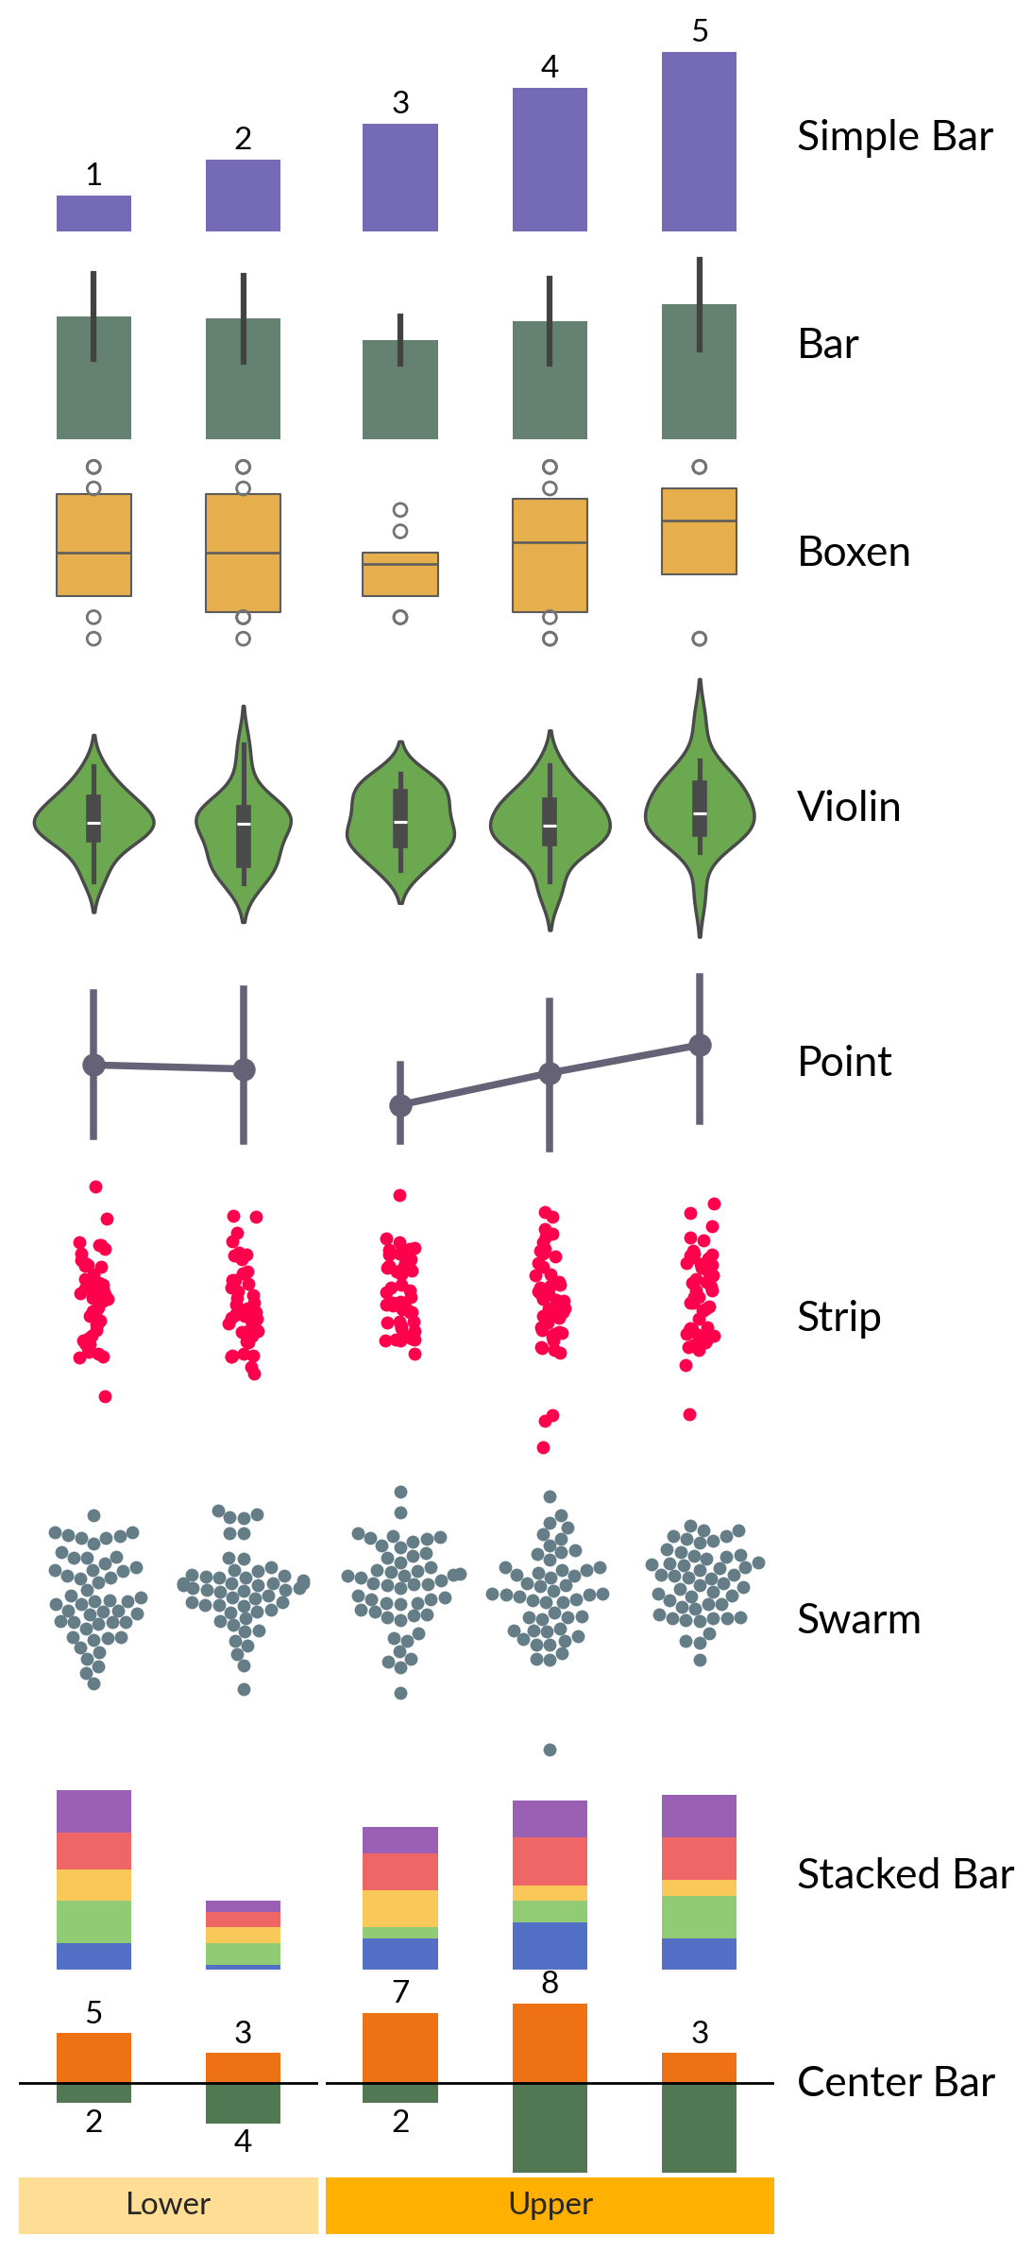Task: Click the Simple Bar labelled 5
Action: coord(699,142)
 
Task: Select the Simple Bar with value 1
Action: coord(93,213)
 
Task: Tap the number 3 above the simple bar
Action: coord(400,102)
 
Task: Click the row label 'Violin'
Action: coord(849,807)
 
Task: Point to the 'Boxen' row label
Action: coord(854,552)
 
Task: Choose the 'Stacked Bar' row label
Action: coord(906,1874)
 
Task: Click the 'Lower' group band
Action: coord(168,2205)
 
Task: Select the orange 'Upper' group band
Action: coord(550,2205)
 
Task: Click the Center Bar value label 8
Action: coord(550,1983)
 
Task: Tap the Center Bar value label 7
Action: coord(400,1991)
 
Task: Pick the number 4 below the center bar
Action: coord(243,2141)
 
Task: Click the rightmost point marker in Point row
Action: coord(700,1045)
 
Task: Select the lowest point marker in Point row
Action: coord(400,1105)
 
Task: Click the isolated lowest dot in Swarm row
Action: coord(550,1749)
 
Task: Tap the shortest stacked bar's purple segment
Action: coord(243,1906)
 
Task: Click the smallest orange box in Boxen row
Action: coord(400,574)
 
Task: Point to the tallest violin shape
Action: coord(700,808)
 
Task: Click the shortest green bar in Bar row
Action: coord(400,389)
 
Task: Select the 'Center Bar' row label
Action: coord(896,2082)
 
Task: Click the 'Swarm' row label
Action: coord(858,1619)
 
